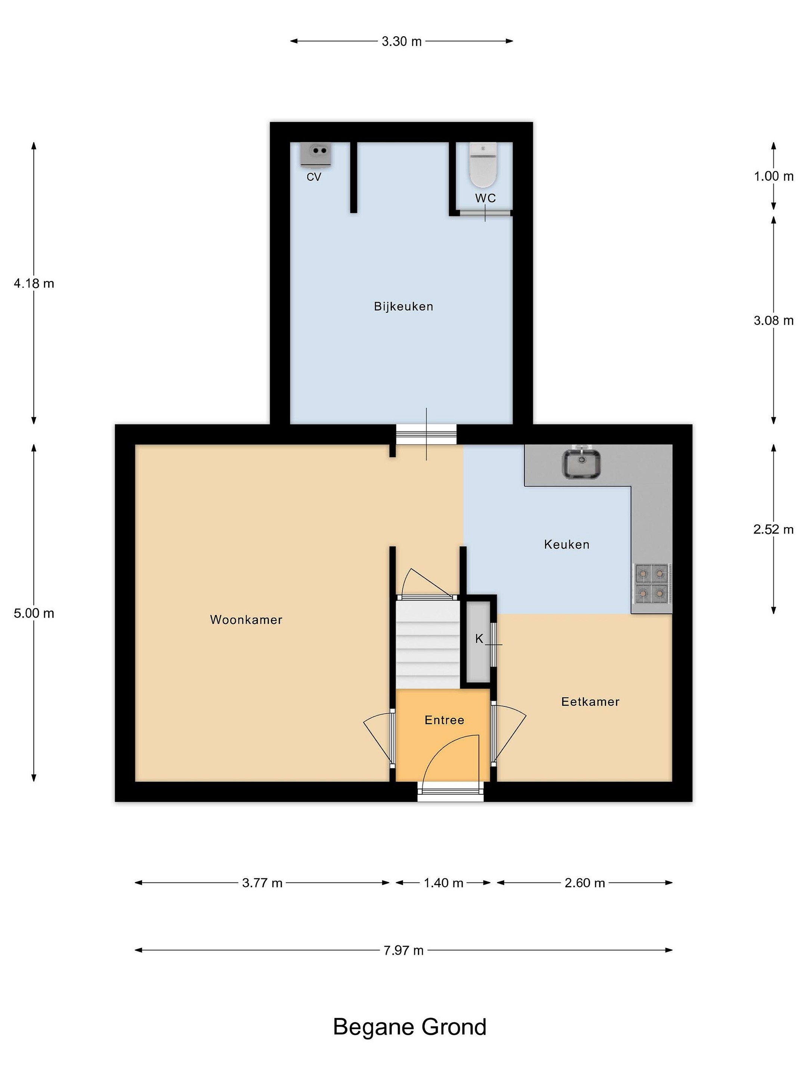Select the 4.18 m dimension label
click(34, 283)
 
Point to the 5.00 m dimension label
click(34, 613)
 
